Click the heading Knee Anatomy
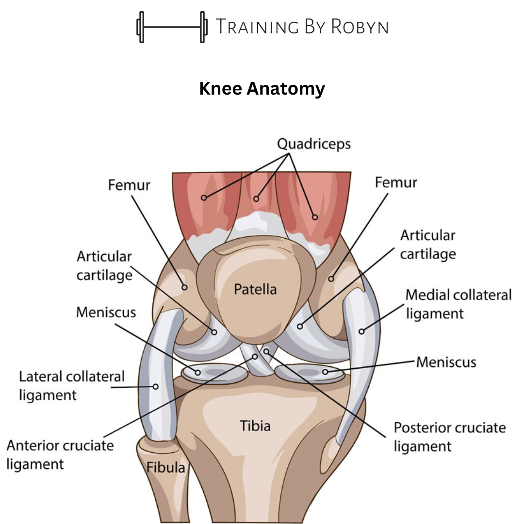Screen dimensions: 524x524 [262, 89]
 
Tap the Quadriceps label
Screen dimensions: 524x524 [314, 144]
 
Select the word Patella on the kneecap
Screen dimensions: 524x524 [255, 290]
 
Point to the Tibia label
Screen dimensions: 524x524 [255, 426]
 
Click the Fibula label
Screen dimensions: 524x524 [166, 468]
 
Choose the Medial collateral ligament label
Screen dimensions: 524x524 [458, 304]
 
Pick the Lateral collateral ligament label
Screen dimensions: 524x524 [72, 385]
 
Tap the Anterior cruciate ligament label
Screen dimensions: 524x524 [60, 455]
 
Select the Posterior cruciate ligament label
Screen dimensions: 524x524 [449, 436]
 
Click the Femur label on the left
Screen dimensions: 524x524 [129, 185]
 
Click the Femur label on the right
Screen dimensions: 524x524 [396, 182]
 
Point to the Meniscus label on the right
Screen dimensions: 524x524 [446, 362]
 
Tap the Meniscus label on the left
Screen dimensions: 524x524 [106, 312]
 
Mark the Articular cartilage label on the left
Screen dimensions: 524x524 [104, 265]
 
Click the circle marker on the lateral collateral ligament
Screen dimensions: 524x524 [156, 387]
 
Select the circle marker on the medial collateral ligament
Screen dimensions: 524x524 [361, 331]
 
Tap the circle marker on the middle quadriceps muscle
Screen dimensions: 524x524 [256, 198]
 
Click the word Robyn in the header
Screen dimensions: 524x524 [360, 27]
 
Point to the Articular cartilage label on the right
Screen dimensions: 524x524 [428, 245]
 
